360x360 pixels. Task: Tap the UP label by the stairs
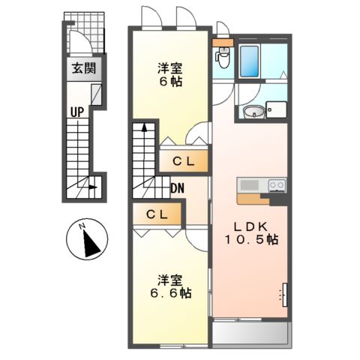(76, 112)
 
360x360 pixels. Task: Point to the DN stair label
(178, 188)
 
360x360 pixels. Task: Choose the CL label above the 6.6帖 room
(157, 214)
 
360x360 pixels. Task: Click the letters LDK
(250, 227)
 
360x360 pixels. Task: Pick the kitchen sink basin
(249, 184)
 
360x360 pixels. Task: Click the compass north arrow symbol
(88, 240)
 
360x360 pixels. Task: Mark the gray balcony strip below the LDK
(250, 332)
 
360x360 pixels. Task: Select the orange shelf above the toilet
(222, 42)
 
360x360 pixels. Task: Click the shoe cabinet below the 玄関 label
(95, 94)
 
